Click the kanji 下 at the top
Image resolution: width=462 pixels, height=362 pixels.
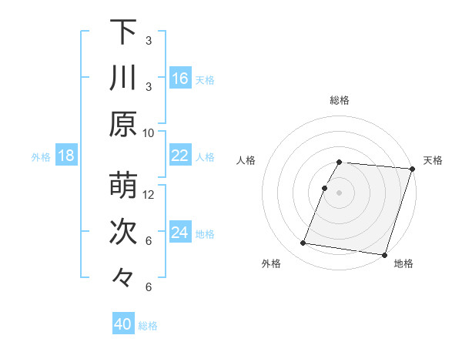(x=123, y=32)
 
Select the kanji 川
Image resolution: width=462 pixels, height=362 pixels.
(x=123, y=78)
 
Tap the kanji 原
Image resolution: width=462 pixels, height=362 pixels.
(x=123, y=124)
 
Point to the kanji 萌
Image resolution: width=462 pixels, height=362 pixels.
(x=123, y=186)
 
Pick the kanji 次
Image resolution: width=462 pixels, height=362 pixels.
(x=123, y=233)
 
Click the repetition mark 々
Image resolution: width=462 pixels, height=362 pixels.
(x=123, y=278)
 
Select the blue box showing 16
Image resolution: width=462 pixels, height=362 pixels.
(x=180, y=79)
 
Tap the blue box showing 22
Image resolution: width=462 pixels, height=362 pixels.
(x=180, y=156)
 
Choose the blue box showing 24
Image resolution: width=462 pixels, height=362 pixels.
(x=180, y=233)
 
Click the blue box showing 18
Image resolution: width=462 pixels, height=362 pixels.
(x=66, y=156)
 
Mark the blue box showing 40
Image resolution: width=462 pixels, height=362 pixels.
(x=123, y=324)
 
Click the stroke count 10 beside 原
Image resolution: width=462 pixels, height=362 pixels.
(x=149, y=132)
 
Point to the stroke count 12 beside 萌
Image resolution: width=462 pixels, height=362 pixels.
(x=149, y=194)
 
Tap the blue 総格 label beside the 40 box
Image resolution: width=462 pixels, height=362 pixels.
(x=148, y=326)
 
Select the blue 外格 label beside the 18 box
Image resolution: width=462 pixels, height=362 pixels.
(x=41, y=157)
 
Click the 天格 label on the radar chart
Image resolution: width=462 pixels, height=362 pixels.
(x=433, y=160)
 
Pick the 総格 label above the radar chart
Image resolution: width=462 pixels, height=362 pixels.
(x=340, y=100)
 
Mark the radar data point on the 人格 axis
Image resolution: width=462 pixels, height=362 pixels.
(x=325, y=188)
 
